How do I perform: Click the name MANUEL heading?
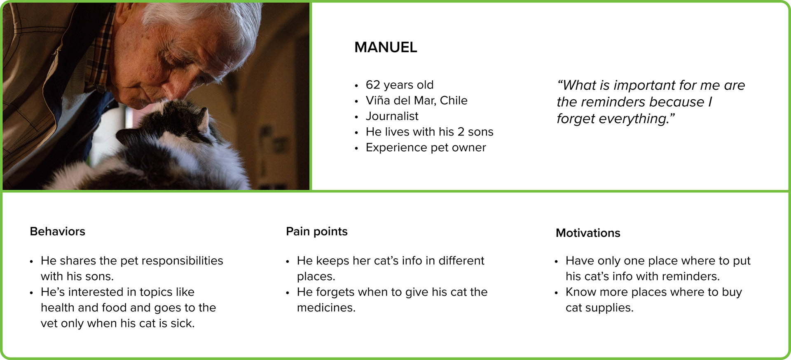point(386,47)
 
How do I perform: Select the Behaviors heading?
point(58,231)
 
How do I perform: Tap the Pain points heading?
point(317,231)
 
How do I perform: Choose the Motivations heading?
point(588,233)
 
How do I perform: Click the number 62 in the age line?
point(373,85)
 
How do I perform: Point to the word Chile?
point(454,101)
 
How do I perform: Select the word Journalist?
point(392,116)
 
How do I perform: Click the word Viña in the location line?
point(378,101)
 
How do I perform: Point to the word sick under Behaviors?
point(183,323)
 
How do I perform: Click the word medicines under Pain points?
point(326,308)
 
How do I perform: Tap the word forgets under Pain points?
point(330,292)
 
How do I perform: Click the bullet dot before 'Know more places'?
point(556,293)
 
